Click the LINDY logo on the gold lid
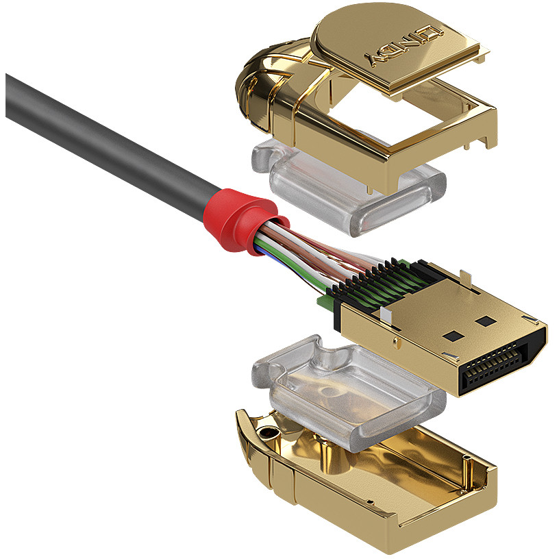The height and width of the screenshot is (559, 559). pos(404,46)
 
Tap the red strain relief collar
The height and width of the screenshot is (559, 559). pos(243,221)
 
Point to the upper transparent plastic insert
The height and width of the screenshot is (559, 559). pos(349,186)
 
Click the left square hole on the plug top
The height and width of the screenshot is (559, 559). pos(454,336)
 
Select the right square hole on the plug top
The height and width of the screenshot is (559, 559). pos(486,321)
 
